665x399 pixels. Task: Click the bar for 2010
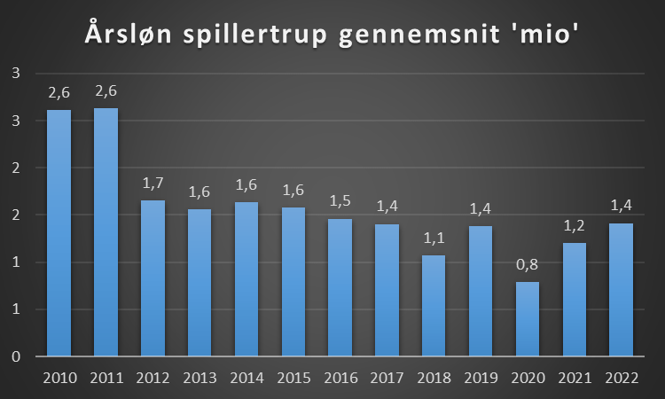[x=59, y=233]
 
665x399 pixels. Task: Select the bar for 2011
[x=106, y=232]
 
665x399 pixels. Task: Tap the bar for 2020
[x=528, y=319]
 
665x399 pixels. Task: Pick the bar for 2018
[x=434, y=306]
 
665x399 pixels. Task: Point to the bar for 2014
[x=246, y=279]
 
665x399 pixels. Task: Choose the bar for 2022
[x=621, y=290]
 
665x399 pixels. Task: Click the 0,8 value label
[x=528, y=264]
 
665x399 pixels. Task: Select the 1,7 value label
[x=153, y=184]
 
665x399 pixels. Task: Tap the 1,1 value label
[x=434, y=238]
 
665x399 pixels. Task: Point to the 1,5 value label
[x=340, y=200]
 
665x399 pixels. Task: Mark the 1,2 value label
[x=575, y=225]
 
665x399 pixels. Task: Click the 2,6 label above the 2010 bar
[x=59, y=92]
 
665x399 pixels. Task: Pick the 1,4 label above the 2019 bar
[x=481, y=208]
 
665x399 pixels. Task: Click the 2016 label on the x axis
[x=340, y=378]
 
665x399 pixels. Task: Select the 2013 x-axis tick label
[x=199, y=378]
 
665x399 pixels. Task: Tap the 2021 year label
[x=575, y=378]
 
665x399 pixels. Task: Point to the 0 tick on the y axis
[x=16, y=356]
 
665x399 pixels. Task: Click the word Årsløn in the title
[x=129, y=33]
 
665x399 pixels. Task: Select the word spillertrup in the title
[x=254, y=34]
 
